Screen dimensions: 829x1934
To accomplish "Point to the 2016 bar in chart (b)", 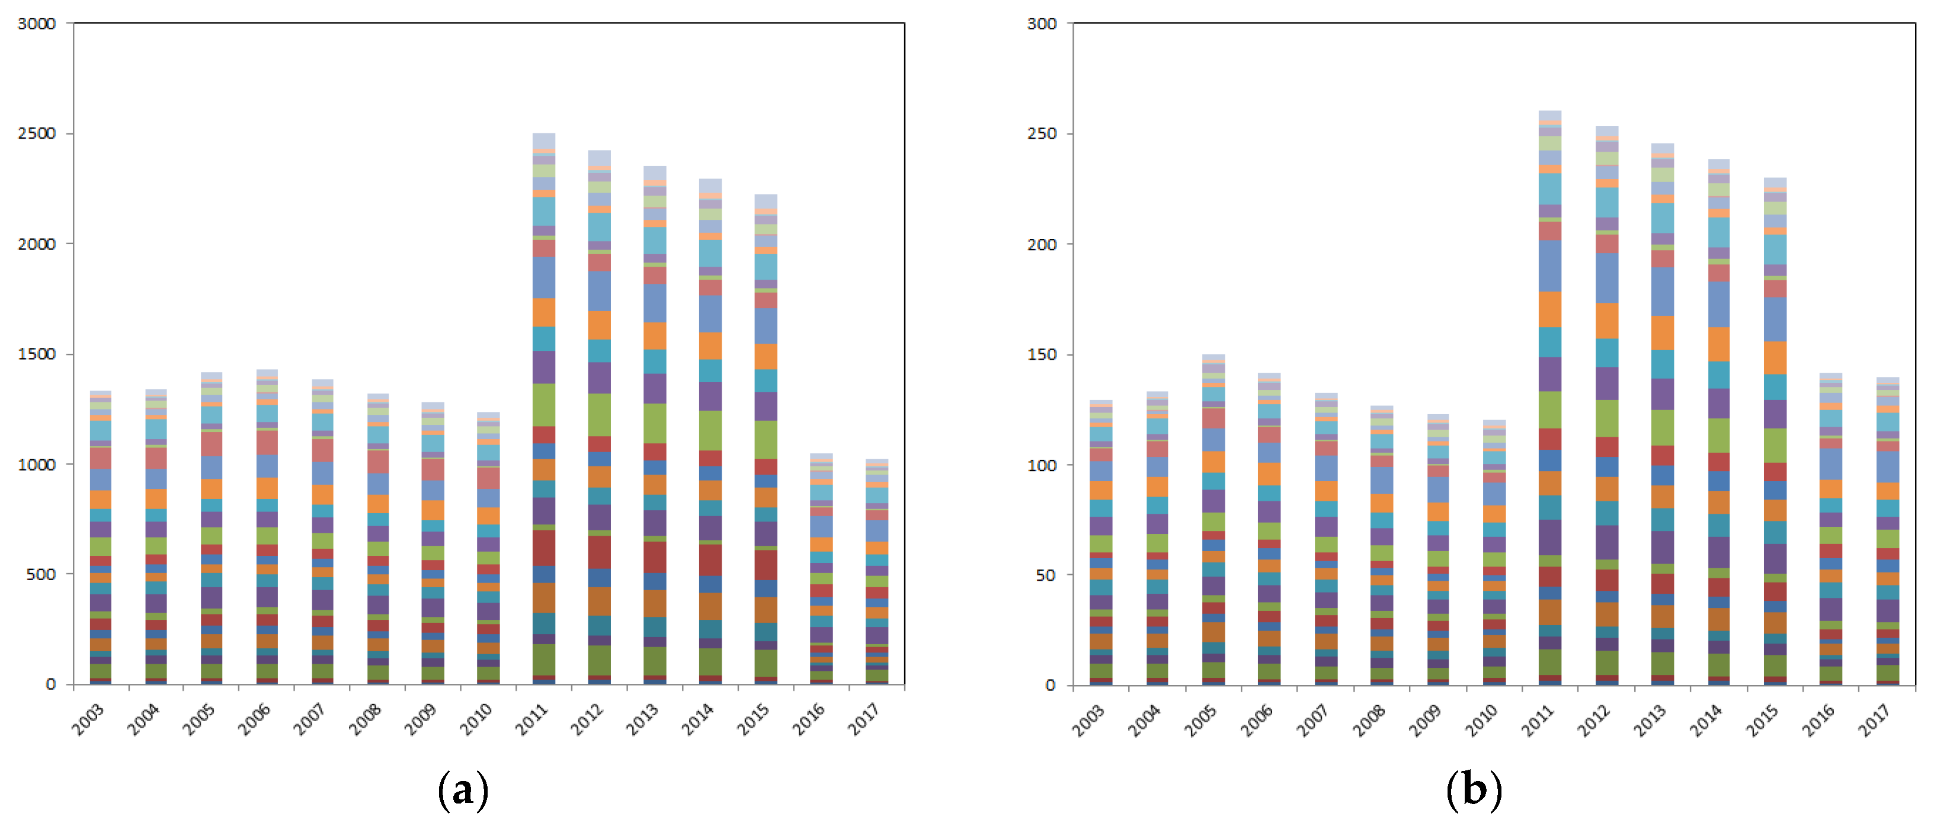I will [1830, 529].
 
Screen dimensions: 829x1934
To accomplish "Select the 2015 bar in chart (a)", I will [766, 439].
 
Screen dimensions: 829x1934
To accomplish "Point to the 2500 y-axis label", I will [37, 134].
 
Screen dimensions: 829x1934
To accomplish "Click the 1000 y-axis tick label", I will [37, 465].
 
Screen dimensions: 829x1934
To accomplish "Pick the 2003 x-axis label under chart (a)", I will [88, 719].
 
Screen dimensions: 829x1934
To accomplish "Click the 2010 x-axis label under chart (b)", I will [1481, 719].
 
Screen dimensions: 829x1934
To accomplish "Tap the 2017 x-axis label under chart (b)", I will [1874, 719].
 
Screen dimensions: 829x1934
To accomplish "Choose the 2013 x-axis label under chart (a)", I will [643, 719].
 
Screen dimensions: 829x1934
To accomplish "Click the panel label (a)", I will [463, 790].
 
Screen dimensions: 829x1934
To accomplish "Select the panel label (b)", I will [1473, 790].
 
